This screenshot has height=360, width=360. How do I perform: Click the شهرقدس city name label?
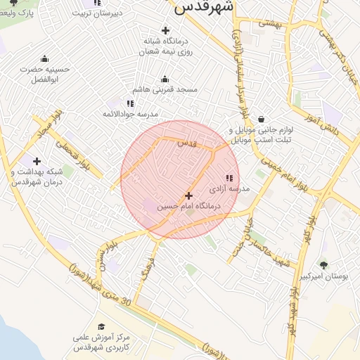pos(204,7)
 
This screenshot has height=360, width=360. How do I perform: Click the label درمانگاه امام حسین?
pos(188,207)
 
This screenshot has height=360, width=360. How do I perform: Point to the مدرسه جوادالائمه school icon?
pos(130,103)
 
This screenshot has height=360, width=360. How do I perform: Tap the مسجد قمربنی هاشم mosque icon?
pos(165,79)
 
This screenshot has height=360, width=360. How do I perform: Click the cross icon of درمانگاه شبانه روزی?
pos(165,30)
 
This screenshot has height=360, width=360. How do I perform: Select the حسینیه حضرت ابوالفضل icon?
pos(45,58)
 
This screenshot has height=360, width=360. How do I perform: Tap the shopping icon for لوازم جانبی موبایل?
pos(262,120)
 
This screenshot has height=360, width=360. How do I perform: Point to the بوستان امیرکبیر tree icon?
pos(323,265)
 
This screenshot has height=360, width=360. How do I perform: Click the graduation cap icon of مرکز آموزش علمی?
pos(101,326)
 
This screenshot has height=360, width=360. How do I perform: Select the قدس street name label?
pos(186,143)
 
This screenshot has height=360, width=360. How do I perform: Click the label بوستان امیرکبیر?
pos(324,277)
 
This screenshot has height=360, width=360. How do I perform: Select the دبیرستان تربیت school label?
pos(100,13)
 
